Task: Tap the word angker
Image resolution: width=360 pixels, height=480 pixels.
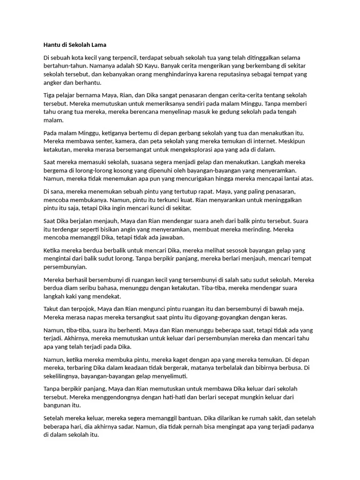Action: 52,83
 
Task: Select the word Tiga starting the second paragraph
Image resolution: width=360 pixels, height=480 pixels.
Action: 49,96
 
